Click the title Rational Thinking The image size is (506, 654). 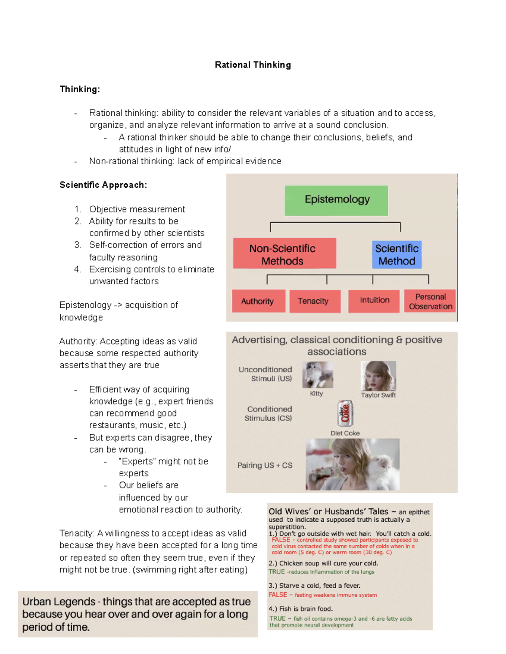pos(253,65)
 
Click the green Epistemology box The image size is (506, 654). pos(336,200)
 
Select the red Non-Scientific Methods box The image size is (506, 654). pos(284,254)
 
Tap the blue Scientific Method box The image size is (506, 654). pos(396,254)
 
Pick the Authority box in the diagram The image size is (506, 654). pos(258,301)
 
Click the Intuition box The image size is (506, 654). pos(374,301)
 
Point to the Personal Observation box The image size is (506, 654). pos(430,301)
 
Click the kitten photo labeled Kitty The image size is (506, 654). pos(318,374)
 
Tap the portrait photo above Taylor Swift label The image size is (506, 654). pos(378,376)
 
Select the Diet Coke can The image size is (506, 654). pos(345,413)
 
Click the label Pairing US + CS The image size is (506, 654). pos(265,465)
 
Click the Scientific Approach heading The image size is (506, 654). pos(103,185)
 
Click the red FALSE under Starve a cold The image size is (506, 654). pos(277,595)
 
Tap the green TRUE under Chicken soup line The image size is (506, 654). pos(277,572)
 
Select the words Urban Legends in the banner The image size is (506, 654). pos(59,602)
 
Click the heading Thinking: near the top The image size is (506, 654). pos(80,89)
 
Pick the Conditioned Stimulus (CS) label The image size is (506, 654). pos(269,414)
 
